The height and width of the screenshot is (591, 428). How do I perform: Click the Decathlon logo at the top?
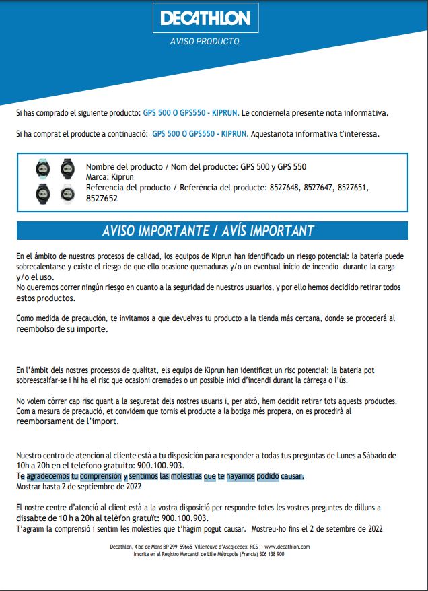point(205,18)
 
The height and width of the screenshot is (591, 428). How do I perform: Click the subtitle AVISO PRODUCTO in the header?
point(205,42)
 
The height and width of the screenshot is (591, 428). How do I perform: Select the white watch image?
point(67,193)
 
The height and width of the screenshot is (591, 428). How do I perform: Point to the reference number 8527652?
point(102,199)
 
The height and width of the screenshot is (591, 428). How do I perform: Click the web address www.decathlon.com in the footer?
point(287,547)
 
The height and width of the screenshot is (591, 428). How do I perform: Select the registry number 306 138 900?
point(269,554)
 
